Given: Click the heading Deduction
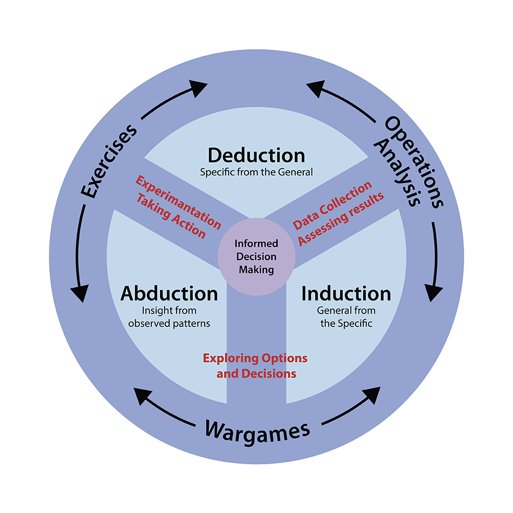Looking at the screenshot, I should (256, 155).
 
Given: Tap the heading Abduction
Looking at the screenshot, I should (169, 294).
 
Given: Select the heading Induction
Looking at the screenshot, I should (346, 294).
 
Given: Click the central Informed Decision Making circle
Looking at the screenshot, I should (256, 255).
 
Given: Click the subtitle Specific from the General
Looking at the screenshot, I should (256, 172).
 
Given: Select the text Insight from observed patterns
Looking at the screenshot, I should (169, 317).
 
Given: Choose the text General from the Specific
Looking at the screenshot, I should (346, 317).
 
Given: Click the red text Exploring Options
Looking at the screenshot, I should (255, 358).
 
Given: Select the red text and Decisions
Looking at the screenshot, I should (256, 373).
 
